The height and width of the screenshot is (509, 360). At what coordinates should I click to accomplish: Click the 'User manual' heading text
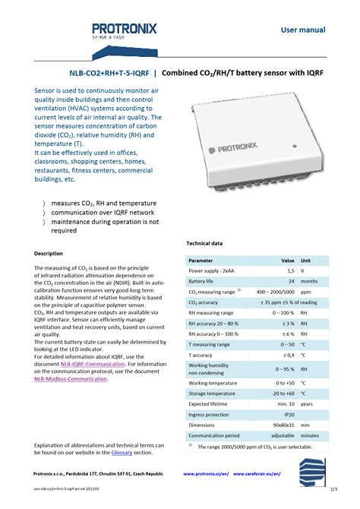click(303, 30)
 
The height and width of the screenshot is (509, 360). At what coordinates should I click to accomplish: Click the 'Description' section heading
click(49, 253)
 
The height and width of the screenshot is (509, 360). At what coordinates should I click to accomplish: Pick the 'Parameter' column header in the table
click(201, 260)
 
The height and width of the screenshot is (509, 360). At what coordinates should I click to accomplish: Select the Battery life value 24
click(290, 280)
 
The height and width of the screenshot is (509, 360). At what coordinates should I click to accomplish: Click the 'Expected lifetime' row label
click(210, 405)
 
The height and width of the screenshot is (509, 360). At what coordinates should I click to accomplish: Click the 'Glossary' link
click(122, 452)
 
